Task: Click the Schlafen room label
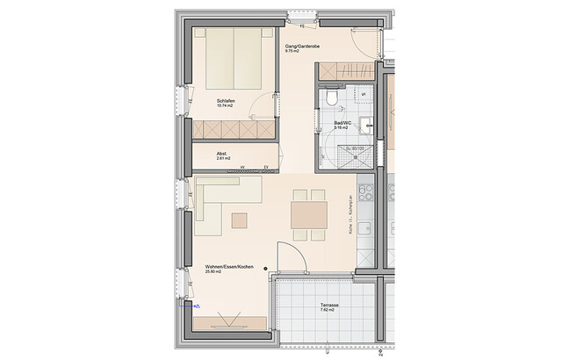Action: [x=227, y=102]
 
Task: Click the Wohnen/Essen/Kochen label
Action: [x=224, y=266]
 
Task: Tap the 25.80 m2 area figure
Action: [x=214, y=272]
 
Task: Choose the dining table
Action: [x=308, y=215]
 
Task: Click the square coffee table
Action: [x=240, y=219]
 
